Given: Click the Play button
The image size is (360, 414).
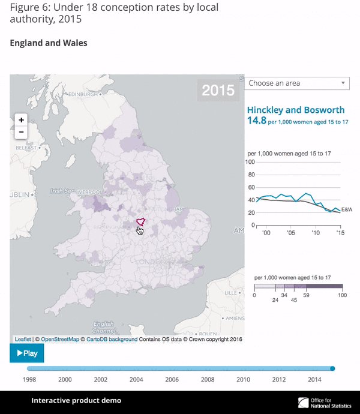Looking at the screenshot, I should (27, 353).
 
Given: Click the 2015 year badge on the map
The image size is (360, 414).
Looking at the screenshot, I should (218, 91).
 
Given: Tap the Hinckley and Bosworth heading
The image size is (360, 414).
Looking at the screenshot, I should (296, 110).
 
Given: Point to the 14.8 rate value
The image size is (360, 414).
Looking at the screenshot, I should (256, 121).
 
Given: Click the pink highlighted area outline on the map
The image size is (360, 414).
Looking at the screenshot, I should (140, 221).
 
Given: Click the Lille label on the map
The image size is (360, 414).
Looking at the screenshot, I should (230, 292).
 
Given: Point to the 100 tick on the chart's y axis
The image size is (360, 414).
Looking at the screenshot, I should (251, 162).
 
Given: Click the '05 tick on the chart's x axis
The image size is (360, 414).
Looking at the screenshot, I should (290, 232).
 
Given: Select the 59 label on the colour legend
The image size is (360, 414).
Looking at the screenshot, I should (305, 295).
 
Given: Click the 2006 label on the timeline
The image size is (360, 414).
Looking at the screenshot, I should (172, 380).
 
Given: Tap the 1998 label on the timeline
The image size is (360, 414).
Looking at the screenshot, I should (29, 380).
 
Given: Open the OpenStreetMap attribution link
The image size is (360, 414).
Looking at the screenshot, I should (60, 340).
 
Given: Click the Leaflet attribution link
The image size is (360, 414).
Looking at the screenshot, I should (23, 340).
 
